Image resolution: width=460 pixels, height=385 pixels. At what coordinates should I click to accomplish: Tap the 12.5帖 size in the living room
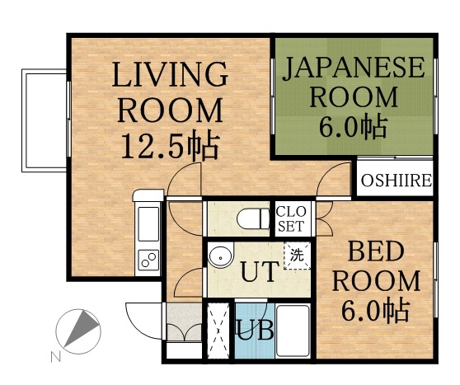169,146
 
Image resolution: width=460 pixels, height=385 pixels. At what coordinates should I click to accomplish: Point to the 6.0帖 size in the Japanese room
353,128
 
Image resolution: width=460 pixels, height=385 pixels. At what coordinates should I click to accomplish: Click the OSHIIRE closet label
395,181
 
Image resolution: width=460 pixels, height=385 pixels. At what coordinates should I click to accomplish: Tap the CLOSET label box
290,218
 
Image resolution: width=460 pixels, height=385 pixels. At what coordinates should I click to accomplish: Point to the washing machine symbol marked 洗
296,254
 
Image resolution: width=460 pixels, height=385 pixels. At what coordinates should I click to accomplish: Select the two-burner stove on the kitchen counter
148,261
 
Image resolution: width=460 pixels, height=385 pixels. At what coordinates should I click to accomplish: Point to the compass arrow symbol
78,330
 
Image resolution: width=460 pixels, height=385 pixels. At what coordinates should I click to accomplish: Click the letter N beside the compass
55,357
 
